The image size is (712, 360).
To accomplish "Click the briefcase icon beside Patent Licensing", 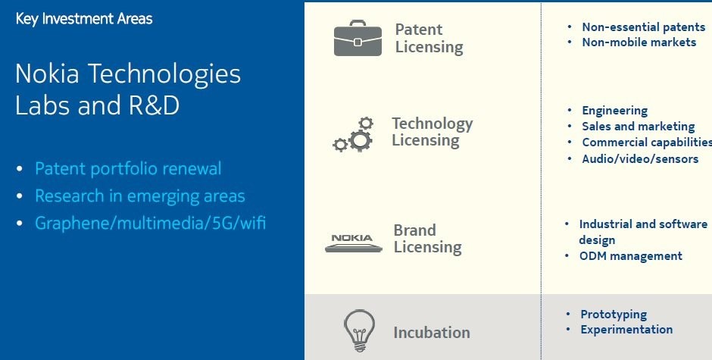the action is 358,38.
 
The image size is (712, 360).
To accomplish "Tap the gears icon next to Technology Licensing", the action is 353,135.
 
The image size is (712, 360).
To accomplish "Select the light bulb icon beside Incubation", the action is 360,330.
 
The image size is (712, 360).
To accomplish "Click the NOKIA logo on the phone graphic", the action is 352,238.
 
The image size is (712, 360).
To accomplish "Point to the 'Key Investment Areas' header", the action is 84,19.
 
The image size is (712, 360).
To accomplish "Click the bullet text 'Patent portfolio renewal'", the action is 128,169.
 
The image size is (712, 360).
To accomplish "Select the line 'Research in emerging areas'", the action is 140,196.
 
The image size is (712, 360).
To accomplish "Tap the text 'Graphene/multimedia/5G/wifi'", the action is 150,223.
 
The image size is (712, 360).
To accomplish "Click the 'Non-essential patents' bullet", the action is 643,27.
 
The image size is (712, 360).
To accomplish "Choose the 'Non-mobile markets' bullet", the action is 639,42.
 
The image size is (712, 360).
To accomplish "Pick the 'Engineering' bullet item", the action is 615,111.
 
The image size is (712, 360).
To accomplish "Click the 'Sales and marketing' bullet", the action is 639,127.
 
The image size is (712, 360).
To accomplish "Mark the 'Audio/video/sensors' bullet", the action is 640,159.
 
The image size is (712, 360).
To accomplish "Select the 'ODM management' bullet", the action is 631,256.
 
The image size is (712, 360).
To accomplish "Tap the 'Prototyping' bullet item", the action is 614,315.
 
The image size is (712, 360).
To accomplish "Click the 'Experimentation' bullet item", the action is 626,330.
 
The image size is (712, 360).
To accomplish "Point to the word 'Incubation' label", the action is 432,332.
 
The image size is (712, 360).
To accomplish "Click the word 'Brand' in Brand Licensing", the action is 414,230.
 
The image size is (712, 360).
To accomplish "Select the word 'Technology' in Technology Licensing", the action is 433,124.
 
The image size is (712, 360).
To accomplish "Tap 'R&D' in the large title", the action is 154,105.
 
